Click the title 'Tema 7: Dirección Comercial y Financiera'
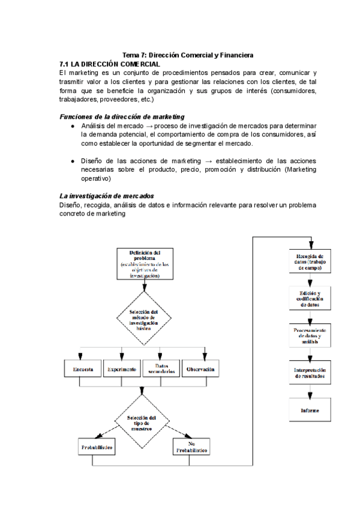pos(188,55)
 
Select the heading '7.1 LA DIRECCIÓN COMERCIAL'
pos(110,64)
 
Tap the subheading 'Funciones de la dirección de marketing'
pos(122,116)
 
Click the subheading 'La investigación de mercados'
pos(106,196)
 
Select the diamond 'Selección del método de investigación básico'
pos(143,318)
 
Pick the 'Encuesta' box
pos(83,369)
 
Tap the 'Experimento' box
pos(122,369)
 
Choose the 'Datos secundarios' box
pos(161,369)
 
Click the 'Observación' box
pos(200,369)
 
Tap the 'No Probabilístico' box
pos(192,447)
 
